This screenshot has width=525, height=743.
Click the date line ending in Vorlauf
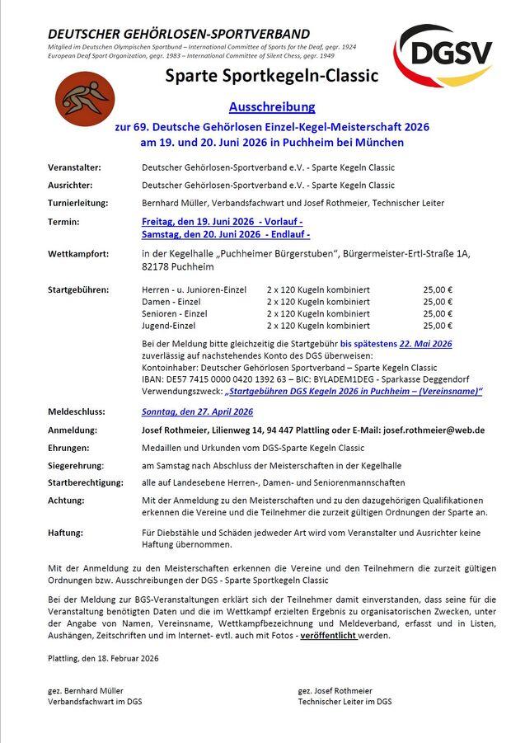[x=222, y=222]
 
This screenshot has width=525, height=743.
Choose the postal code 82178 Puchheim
[x=178, y=267]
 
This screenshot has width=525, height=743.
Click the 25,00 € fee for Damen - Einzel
[x=438, y=302]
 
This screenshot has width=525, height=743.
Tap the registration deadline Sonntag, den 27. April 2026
[x=197, y=411]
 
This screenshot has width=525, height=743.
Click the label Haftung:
[x=67, y=534]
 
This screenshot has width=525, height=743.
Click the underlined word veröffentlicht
[x=328, y=636]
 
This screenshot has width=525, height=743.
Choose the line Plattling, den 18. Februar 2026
[x=103, y=658]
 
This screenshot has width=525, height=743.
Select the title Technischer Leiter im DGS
[x=345, y=702]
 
